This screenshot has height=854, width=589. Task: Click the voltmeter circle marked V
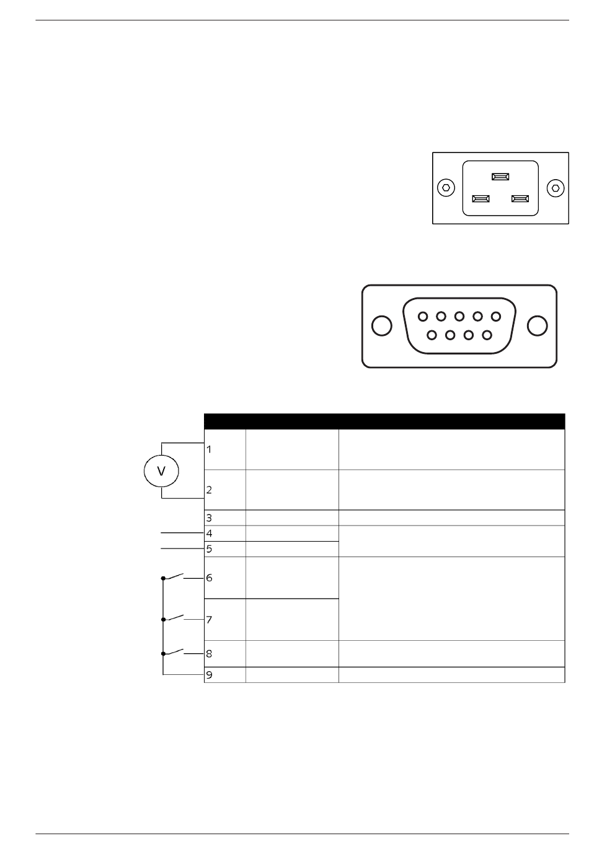(161, 471)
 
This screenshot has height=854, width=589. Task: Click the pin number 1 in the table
(209, 449)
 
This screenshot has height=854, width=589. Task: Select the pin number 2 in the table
(209, 490)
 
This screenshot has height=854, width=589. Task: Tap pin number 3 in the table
(209, 518)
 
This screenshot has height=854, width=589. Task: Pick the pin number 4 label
(209, 534)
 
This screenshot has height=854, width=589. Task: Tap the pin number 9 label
(209, 675)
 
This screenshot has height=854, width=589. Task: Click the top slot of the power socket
(500, 177)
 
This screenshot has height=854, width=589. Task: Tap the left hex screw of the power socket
(446, 188)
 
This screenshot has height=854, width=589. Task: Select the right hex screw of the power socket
(556, 188)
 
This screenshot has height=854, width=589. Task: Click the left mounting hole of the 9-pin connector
(381, 326)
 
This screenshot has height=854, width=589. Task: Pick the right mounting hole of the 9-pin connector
(537, 326)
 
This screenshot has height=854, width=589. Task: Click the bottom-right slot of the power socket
(520, 199)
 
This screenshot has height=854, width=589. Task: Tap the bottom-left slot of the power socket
(480, 199)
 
